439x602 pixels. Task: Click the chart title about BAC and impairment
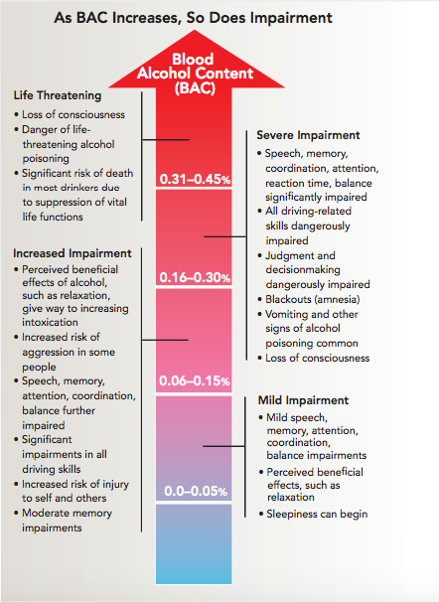coord(193,18)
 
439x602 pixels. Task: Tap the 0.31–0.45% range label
coord(195,179)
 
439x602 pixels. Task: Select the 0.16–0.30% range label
coord(195,277)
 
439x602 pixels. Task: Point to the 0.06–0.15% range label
coord(195,380)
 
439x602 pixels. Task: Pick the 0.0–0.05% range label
coord(196,491)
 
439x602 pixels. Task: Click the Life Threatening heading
coord(58,95)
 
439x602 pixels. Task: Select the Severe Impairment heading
coord(308,135)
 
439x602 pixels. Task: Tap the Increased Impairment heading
coord(73,253)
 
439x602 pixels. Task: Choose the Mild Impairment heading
coord(303,400)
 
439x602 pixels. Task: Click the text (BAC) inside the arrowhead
coord(195,88)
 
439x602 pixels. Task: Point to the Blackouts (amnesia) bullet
coord(309,299)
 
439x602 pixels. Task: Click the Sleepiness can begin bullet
coord(313,514)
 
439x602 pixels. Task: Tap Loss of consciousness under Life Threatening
coord(70,115)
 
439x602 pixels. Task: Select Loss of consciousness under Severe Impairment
coord(314,359)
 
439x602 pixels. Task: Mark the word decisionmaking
coord(303,270)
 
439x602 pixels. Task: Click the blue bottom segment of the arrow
coord(194,544)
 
